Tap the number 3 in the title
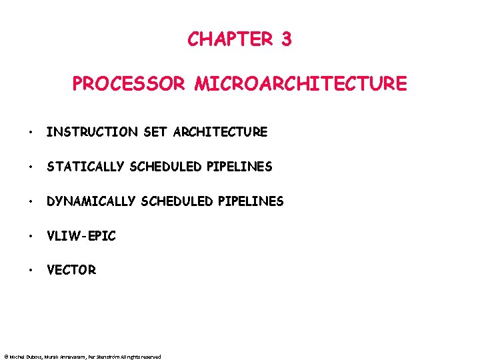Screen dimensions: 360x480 coord(286,39)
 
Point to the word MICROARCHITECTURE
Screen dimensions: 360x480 coord(301,84)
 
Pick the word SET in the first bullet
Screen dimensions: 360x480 coord(156,132)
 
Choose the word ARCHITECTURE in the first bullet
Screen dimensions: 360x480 coord(220,132)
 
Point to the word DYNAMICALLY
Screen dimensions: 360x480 coord(91,201)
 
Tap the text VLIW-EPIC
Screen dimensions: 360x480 coord(81,235)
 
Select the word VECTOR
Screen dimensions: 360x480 coord(71,270)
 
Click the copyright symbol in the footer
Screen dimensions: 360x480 coord(5,357)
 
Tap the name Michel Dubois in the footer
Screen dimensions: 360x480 coord(25,357)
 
